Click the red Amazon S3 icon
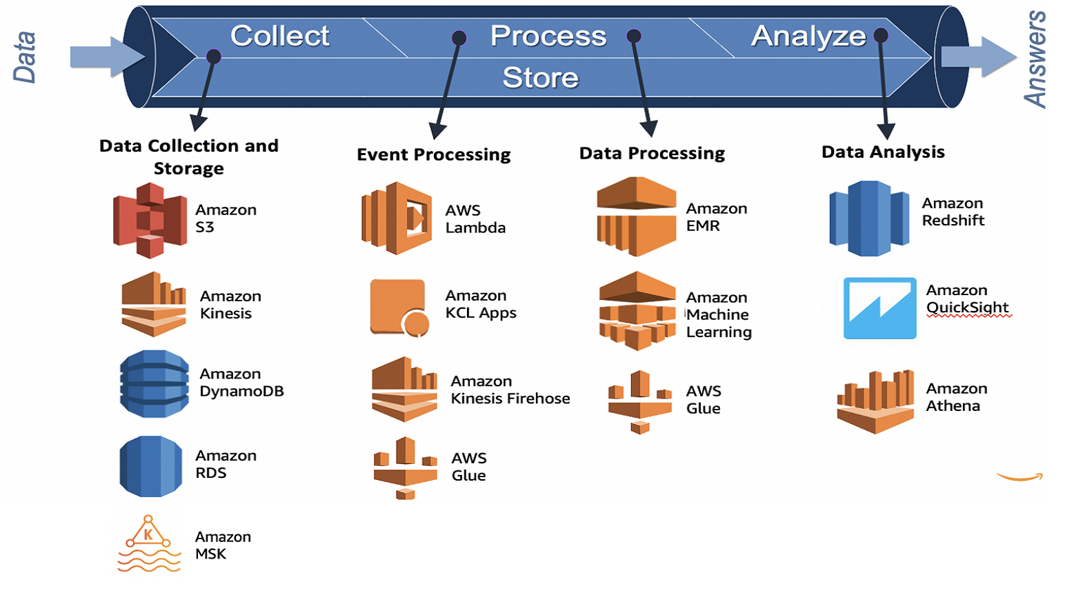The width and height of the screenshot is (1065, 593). (150, 220)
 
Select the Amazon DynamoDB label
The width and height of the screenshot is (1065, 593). (241, 383)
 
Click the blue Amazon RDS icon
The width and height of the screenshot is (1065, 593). (151, 466)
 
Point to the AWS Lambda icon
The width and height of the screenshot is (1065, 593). (397, 219)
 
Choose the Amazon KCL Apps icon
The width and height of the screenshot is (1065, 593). (399, 307)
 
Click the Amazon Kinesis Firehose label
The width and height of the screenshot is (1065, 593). (510, 390)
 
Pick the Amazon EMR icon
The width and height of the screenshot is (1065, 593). (636, 217)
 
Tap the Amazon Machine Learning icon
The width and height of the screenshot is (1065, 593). (637, 310)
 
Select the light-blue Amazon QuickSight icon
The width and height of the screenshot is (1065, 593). (879, 308)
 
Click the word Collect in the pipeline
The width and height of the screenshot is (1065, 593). (279, 36)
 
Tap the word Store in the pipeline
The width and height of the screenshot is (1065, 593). (540, 77)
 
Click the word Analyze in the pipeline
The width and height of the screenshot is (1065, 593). (808, 36)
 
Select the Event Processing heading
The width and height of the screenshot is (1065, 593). (434, 154)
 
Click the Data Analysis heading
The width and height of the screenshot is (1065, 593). (883, 152)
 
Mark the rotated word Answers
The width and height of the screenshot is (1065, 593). (1035, 59)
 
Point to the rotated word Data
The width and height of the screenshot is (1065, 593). (25, 57)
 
